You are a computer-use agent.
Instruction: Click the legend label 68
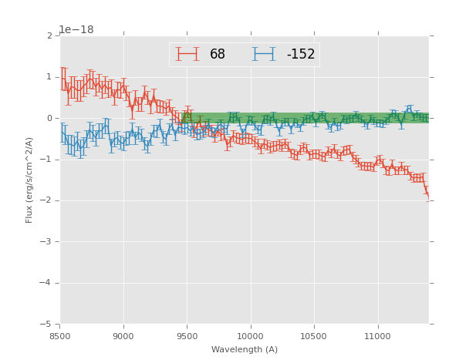pyautogui.click(x=218, y=55)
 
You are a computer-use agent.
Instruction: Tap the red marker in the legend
pyautogui.click(x=187, y=55)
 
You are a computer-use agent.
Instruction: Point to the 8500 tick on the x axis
pyautogui.click(x=60, y=336)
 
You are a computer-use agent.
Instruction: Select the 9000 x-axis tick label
pyautogui.click(x=123, y=336)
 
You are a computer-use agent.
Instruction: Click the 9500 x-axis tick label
pyautogui.click(x=187, y=336)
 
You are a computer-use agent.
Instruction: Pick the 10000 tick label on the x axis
pyautogui.click(x=250, y=336)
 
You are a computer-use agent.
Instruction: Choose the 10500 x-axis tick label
pyautogui.click(x=313, y=336)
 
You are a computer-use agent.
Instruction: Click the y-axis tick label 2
pyautogui.click(x=49, y=36)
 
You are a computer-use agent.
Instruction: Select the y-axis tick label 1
pyautogui.click(x=49, y=77)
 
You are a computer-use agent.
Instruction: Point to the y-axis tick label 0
pyautogui.click(x=49, y=119)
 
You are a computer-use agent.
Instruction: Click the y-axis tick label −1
pyautogui.click(x=47, y=160)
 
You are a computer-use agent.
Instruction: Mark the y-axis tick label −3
pyautogui.click(x=47, y=242)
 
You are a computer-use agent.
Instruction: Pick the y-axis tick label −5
pyautogui.click(x=47, y=325)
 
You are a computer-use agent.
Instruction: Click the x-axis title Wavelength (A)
pyautogui.click(x=245, y=350)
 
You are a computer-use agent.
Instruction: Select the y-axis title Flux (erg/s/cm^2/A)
pyautogui.click(x=29, y=180)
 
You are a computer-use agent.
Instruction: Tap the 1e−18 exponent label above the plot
pyautogui.click(x=76, y=30)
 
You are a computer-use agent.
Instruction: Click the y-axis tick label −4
pyautogui.click(x=47, y=283)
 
